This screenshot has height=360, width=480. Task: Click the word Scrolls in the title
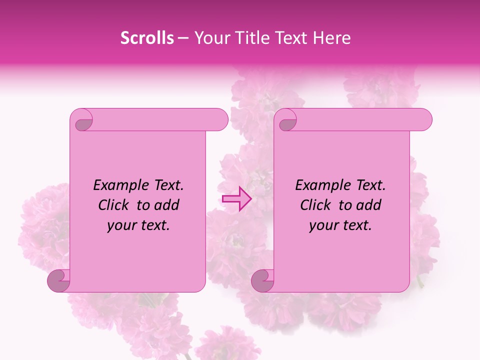147,38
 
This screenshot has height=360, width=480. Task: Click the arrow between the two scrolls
236,198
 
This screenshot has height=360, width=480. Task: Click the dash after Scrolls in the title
183,38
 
